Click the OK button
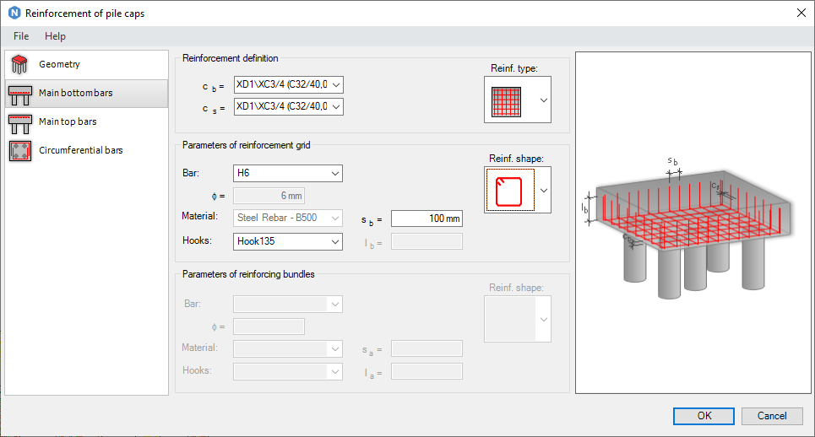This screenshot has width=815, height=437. [704, 416]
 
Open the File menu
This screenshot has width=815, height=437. [21, 36]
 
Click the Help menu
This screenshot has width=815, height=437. [55, 36]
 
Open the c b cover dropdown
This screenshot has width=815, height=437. [289, 84]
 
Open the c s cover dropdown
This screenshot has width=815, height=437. [289, 106]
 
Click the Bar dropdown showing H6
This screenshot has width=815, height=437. [288, 173]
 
